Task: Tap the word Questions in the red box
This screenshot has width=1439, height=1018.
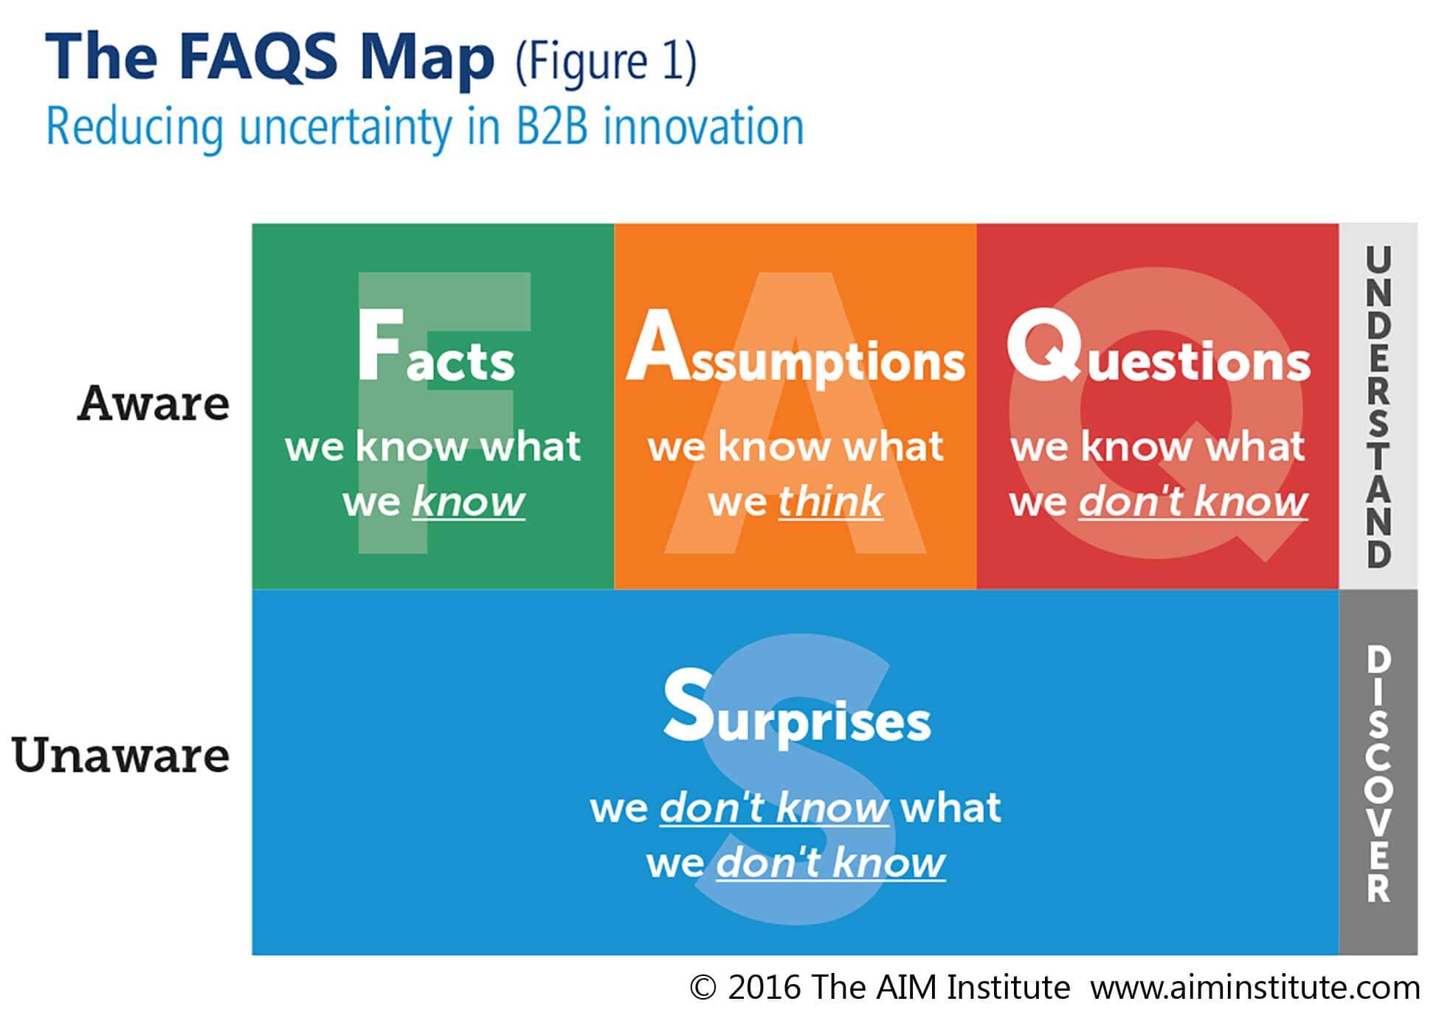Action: click(1159, 345)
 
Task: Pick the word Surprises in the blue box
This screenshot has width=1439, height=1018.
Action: click(797, 706)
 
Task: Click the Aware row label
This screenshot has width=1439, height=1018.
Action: click(153, 404)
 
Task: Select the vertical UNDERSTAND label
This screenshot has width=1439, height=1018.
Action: click(1378, 406)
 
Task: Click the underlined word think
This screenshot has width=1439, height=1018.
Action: click(831, 502)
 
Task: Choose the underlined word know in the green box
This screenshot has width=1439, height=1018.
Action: click(469, 502)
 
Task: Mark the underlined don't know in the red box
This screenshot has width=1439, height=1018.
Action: click(1193, 502)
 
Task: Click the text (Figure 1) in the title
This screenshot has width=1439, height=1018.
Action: click(606, 61)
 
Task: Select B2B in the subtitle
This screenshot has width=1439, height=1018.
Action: click(552, 126)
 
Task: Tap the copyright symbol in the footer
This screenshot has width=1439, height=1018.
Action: click(703, 987)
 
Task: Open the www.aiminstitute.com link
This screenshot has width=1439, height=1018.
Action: click(1255, 987)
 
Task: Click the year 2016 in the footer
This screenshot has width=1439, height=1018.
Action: click(765, 987)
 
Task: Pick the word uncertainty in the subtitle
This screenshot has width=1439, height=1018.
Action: click(345, 127)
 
